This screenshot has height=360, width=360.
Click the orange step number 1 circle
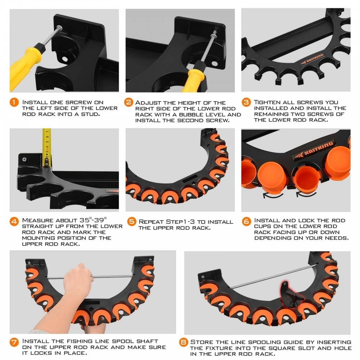point(14,102)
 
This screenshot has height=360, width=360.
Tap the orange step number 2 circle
point(129,102)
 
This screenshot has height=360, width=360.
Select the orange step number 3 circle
point(246,102)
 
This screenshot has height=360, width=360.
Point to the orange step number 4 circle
point(14,221)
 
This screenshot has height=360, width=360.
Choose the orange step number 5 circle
point(132,221)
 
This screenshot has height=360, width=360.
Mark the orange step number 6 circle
point(247,221)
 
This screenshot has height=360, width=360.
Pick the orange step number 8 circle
point(184,343)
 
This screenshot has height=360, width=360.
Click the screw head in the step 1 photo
point(59,28)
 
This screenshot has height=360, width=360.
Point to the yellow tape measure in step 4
point(46,147)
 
